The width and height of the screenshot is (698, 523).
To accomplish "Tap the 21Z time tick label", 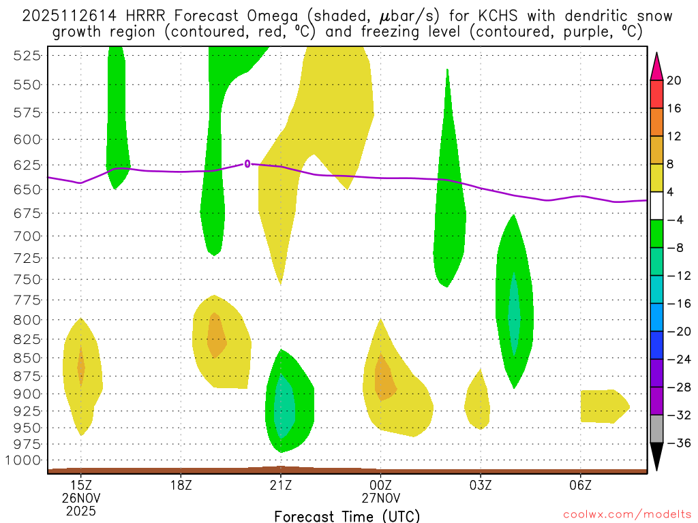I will tap(280, 486).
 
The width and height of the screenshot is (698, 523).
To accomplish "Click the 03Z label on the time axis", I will tap(481, 486).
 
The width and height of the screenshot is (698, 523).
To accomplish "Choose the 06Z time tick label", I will tap(580, 486).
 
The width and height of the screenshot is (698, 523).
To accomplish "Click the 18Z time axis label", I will tap(181, 486).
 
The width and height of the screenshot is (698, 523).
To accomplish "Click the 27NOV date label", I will tap(380, 498).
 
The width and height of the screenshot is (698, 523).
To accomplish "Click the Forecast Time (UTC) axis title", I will tap(347, 516).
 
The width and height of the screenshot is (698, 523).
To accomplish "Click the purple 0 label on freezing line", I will tap(247, 163).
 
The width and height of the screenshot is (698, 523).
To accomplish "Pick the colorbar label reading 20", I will tap(674, 81).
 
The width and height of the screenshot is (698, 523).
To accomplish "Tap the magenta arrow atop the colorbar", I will tap(656, 65).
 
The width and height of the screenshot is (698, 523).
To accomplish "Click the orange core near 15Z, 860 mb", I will tap(81, 367).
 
